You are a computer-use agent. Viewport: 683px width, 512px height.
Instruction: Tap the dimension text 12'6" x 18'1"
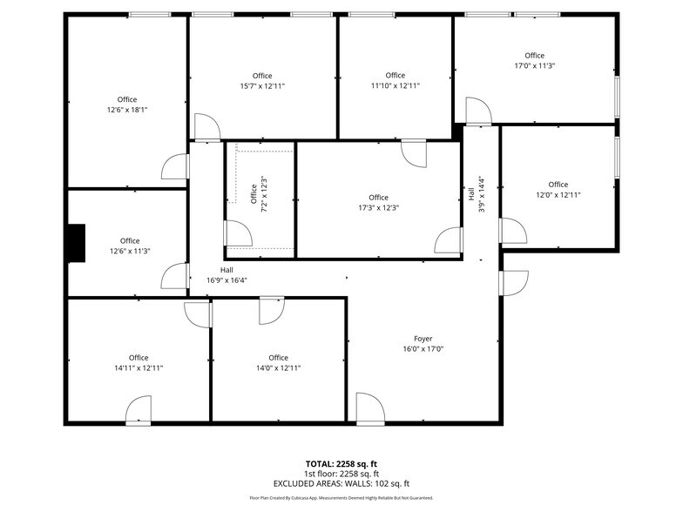pos(127,110)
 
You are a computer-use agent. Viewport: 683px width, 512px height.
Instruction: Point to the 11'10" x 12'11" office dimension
pos(395,85)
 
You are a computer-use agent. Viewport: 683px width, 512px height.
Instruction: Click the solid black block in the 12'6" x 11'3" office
pos(76,242)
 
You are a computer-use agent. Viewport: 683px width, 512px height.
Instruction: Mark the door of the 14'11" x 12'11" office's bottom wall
pos(139,410)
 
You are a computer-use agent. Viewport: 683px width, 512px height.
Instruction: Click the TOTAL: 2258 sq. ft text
pos(341,464)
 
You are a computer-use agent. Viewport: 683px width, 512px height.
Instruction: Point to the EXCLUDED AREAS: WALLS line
pos(341,483)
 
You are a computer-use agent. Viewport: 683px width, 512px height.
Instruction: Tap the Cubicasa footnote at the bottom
pos(341,497)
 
